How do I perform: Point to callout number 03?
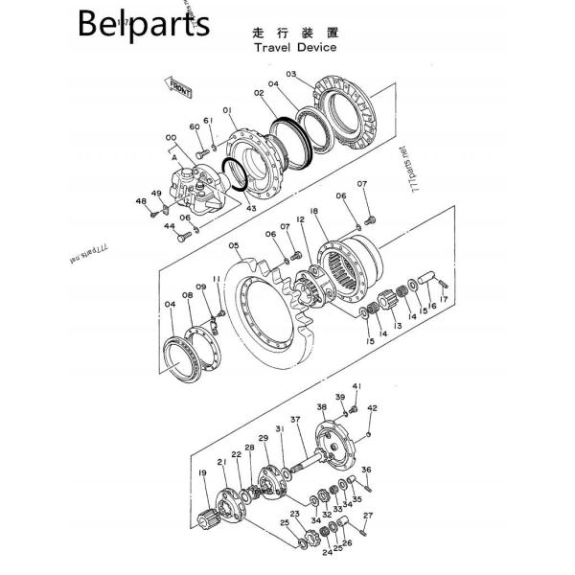[x=291, y=74]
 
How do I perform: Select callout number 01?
[x=228, y=111]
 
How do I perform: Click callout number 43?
[x=252, y=209]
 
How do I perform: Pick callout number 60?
[x=194, y=126]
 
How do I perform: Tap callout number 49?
[x=156, y=193]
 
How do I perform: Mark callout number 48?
[x=141, y=201]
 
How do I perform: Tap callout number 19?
[x=201, y=472]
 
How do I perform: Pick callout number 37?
[x=295, y=419]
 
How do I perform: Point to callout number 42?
[x=374, y=408]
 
